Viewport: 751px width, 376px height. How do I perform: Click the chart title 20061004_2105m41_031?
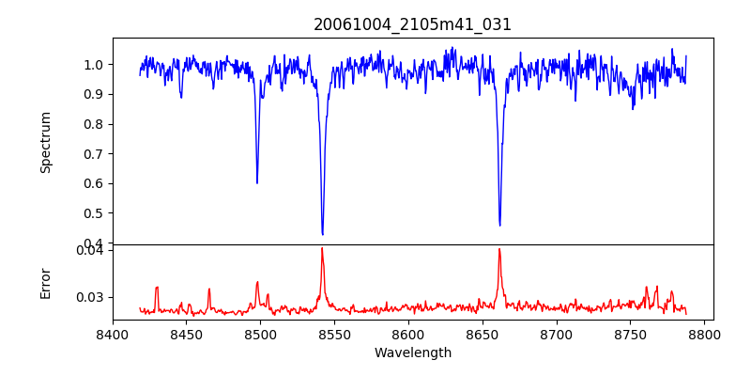pyautogui.click(x=412, y=24)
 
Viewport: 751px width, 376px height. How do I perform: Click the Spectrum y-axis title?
pyautogui.click(x=46, y=142)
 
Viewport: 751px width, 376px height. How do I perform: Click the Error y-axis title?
pyautogui.click(x=46, y=283)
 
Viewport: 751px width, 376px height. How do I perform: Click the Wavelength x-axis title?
pyautogui.click(x=412, y=353)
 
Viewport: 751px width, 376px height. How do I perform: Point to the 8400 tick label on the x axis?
pyautogui.click(x=113, y=334)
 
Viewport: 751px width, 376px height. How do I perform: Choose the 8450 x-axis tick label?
pyautogui.click(x=187, y=334)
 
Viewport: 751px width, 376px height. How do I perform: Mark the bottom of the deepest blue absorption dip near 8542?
pyautogui.click(x=322, y=234)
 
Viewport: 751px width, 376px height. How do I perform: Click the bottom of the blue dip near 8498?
pyautogui.click(x=257, y=182)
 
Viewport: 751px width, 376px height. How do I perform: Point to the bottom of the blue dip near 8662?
pyautogui.click(x=499, y=226)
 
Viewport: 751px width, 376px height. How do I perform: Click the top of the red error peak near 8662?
pyautogui.click(x=499, y=249)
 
